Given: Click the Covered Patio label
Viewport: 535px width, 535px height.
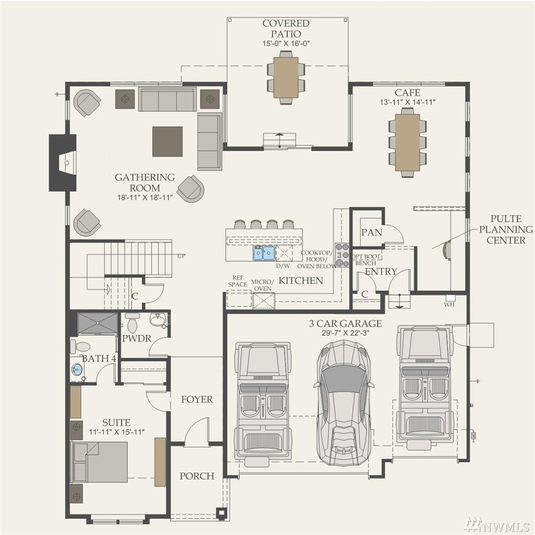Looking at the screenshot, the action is (286, 28).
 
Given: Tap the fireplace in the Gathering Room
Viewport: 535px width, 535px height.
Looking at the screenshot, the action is (63, 163).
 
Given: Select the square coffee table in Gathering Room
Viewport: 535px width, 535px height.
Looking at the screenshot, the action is (167, 141).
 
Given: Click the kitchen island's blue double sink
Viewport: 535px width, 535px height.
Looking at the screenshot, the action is (264, 253).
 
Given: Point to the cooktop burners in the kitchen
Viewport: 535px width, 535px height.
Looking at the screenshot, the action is (342, 255).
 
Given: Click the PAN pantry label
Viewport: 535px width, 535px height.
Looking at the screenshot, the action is (371, 232).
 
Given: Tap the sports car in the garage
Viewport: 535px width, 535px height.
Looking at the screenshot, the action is (344, 403).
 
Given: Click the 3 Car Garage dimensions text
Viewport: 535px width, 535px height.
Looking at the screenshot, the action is (345, 333).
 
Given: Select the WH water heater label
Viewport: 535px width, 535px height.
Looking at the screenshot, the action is (449, 304).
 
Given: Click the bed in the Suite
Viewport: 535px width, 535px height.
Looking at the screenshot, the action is (99, 462).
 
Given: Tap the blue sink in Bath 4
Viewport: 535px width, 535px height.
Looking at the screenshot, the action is (77, 370).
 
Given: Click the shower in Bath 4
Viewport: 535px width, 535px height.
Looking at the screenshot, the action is (98, 323).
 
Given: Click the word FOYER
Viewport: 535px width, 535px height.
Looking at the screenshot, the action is (197, 399).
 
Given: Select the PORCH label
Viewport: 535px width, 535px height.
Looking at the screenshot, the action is (197, 476).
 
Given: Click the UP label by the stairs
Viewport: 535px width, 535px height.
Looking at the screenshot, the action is (181, 256).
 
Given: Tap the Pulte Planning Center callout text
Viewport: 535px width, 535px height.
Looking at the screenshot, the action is (505, 229).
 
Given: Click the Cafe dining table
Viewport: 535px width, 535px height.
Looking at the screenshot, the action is (408, 143).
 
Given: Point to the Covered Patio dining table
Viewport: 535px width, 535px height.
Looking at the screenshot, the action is (286, 77).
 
